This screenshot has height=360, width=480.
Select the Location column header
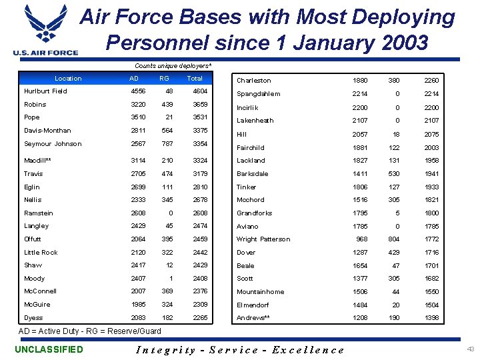(68, 79)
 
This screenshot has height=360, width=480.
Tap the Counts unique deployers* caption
(173, 66)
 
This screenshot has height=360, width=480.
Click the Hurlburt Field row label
(45, 91)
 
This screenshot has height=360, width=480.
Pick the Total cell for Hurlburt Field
(200, 91)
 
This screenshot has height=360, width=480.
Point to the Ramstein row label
(38, 213)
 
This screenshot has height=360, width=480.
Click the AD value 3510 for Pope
(137, 117)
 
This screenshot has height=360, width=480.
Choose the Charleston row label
(253, 81)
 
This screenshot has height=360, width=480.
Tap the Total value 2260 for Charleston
(431, 81)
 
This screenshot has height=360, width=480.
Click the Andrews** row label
(253, 318)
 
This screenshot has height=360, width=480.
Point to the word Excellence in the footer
(309, 350)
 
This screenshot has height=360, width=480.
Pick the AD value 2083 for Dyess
(137, 318)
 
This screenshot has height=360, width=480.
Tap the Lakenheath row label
(255, 121)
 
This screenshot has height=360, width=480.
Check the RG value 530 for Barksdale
(394, 173)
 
